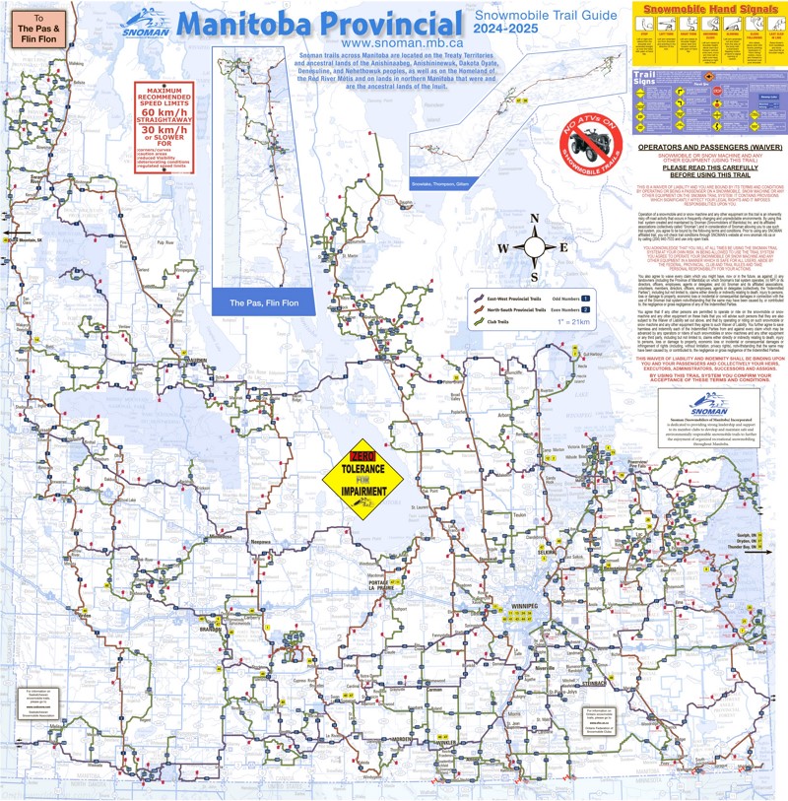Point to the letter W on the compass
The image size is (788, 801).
[502, 248]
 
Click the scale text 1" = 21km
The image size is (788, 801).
[600, 322]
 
